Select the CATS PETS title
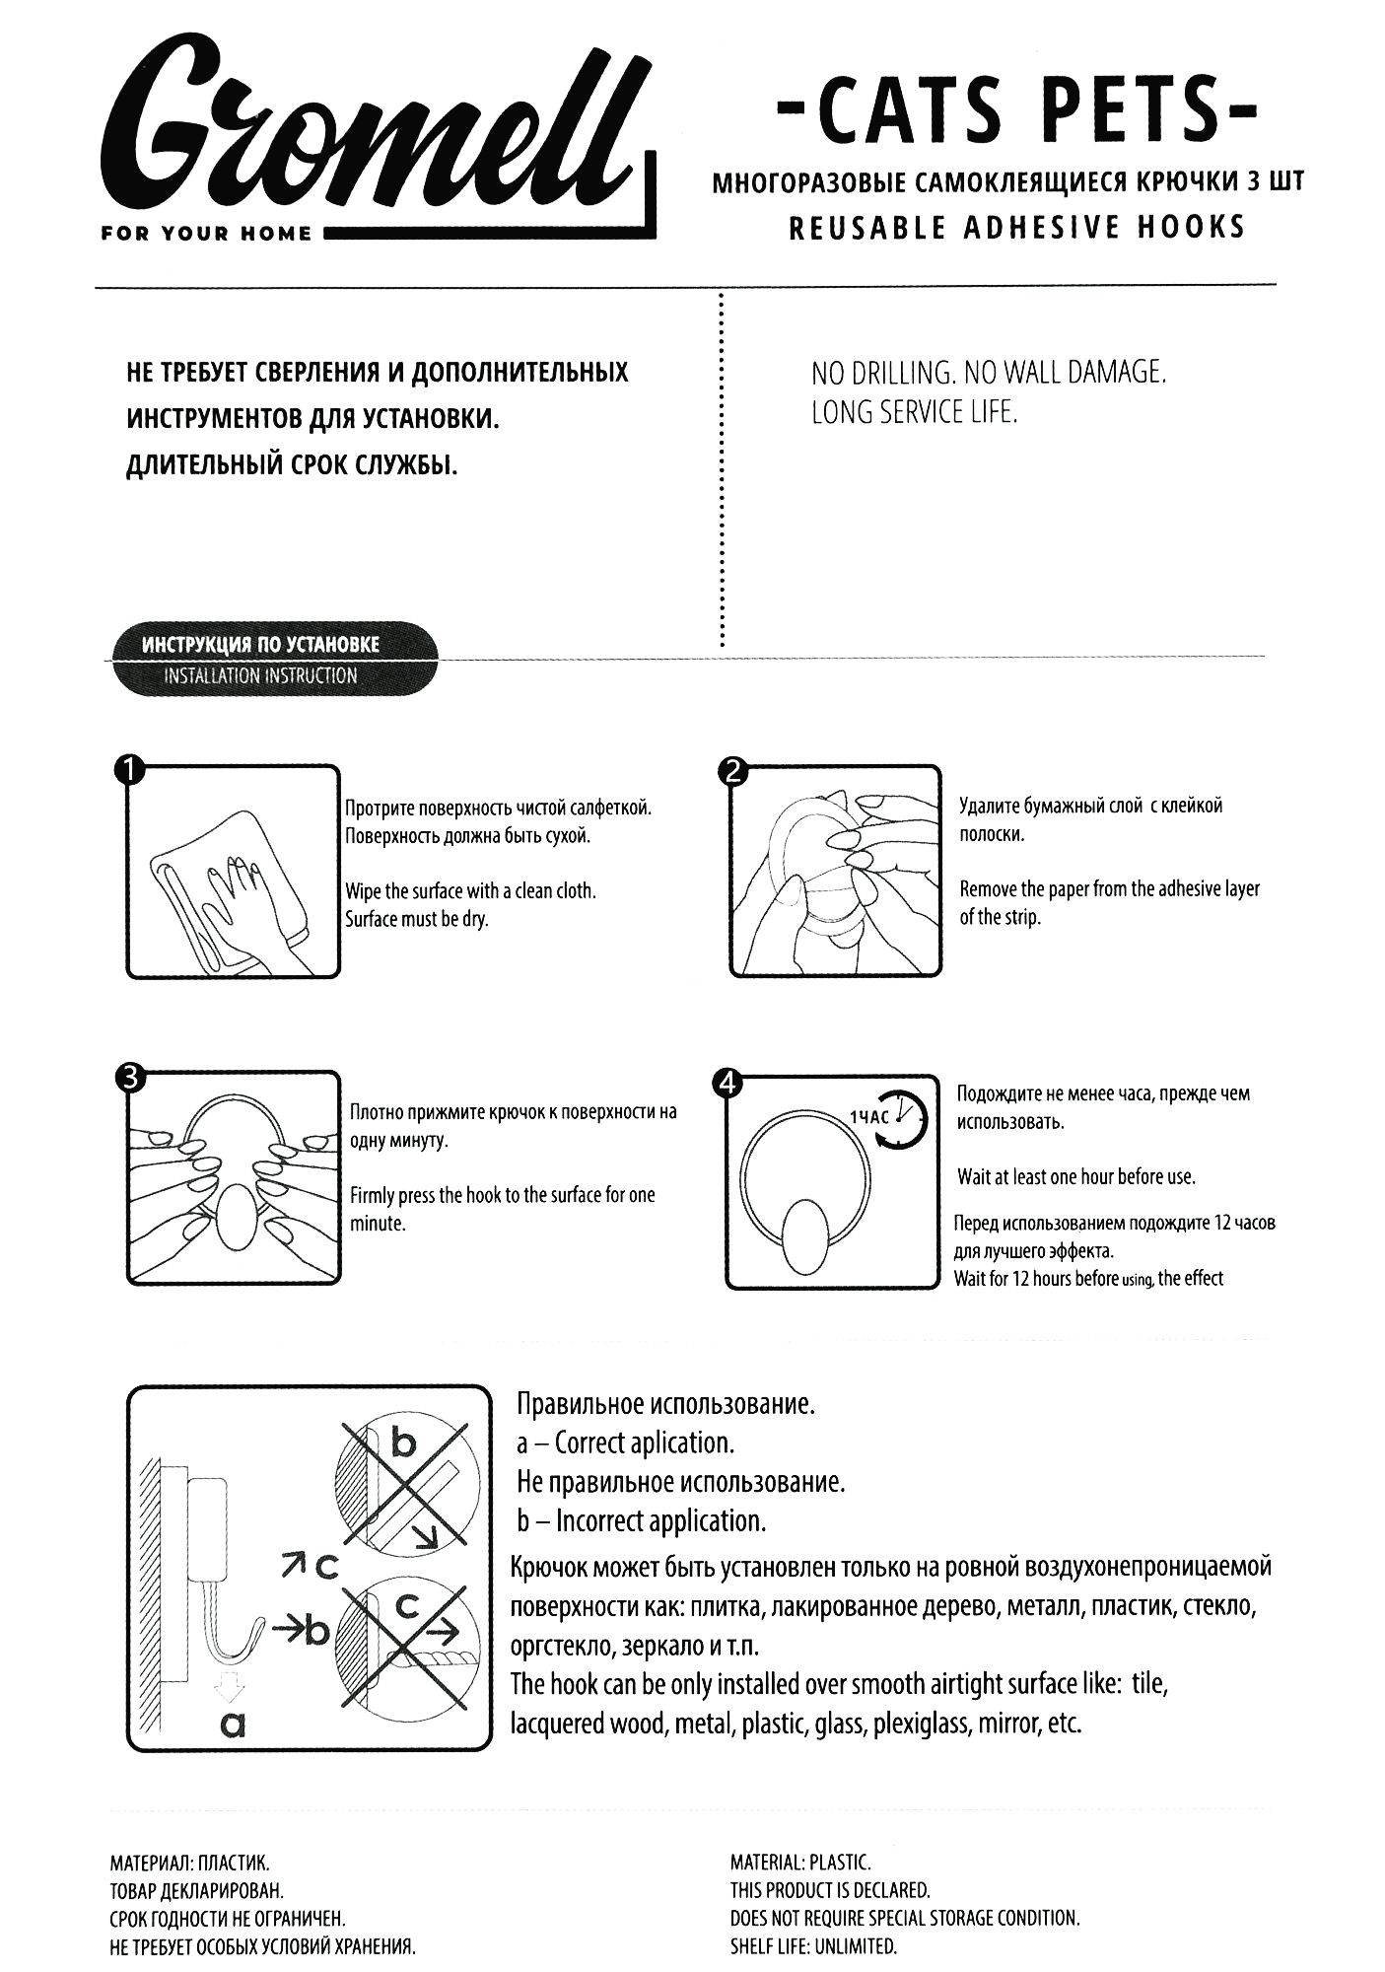(x=1016, y=124)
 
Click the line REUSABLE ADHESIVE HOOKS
(x=1016, y=228)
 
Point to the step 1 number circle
(x=129, y=770)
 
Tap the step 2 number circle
(x=731, y=770)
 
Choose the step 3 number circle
(x=129, y=1077)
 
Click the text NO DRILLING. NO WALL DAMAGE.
(x=989, y=373)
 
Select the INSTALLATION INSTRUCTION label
(x=260, y=676)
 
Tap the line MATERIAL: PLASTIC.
(x=800, y=1863)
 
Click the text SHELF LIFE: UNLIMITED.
(x=813, y=1946)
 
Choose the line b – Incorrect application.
(x=641, y=1520)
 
